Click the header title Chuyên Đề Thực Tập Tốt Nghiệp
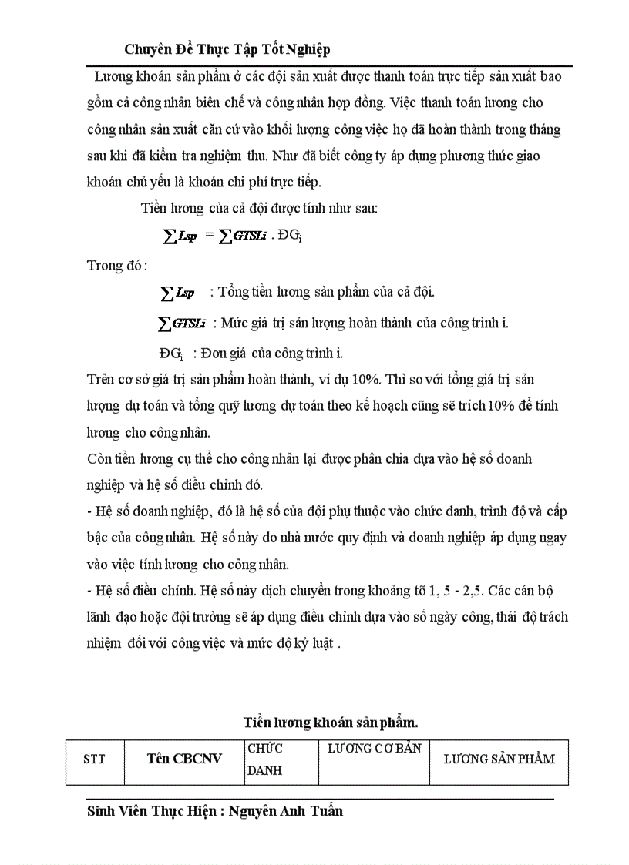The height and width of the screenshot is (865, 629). click(227, 49)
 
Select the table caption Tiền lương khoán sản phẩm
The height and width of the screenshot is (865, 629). click(331, 722)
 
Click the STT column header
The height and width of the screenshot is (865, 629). click(94, 759)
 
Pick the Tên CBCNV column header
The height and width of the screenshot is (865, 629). click(184, 759)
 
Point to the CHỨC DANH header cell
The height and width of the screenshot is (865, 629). click(264, 759)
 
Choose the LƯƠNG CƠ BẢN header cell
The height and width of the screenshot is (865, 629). click(374, 749)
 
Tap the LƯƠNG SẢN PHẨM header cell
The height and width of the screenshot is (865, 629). click(499, 759)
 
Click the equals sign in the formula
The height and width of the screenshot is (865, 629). click(209, 236)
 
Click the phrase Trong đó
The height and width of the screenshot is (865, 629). click(116, 266)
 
